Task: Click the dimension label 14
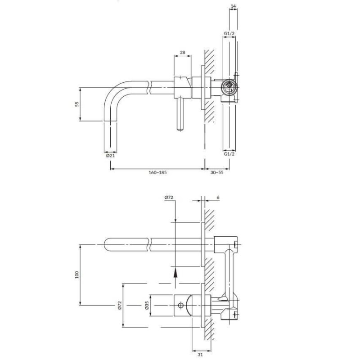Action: [233, 6]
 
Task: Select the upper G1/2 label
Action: [229, 33]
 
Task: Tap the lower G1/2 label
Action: [229, 154]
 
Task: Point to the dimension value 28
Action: [183, 53]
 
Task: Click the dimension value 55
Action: [77, 104]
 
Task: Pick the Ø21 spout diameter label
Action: [110, 156]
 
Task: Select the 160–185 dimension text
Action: [157, 172]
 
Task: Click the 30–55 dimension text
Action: [217, 172]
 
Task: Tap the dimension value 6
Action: [218, 198]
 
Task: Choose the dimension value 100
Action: [76, 275]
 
